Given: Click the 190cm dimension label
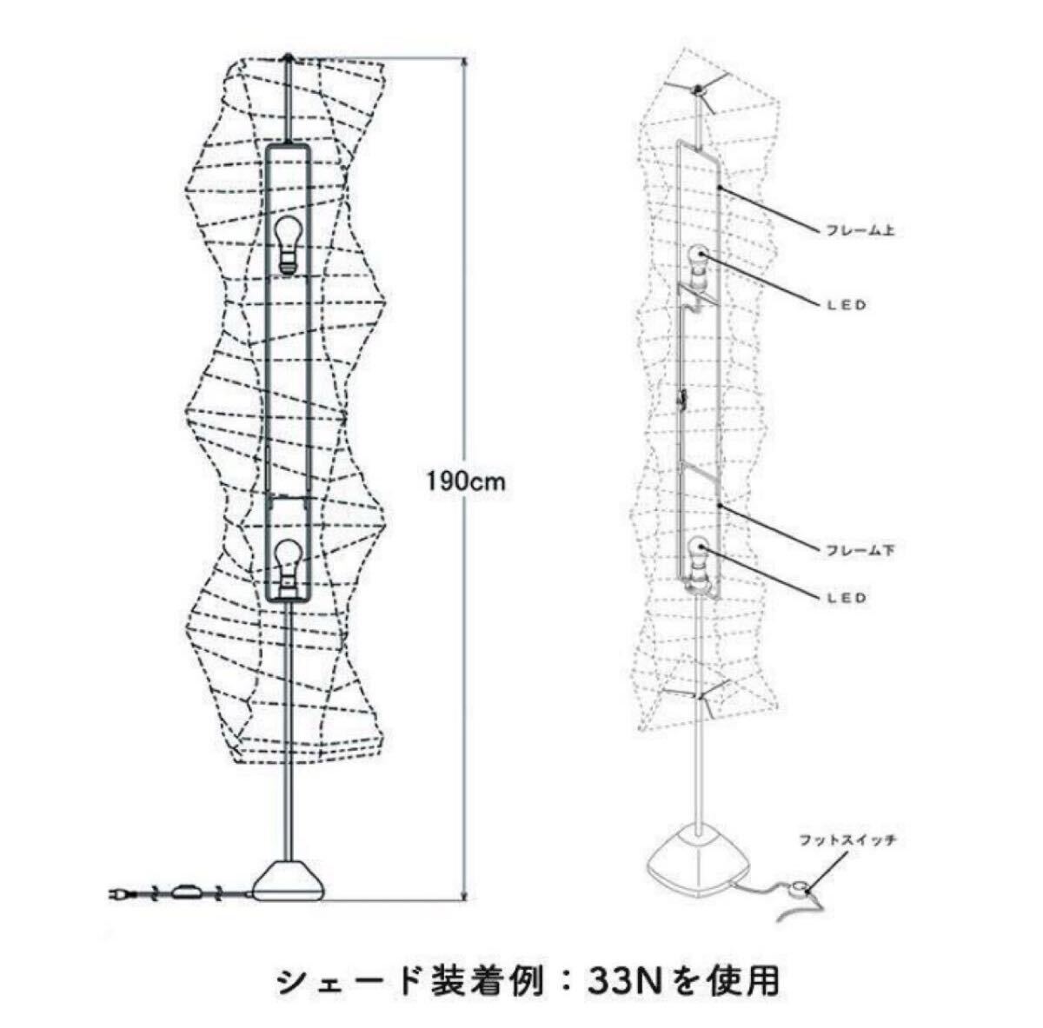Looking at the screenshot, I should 465,481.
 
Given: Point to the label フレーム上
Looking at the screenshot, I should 860,232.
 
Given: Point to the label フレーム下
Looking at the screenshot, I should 860,550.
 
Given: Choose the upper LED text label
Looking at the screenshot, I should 844,305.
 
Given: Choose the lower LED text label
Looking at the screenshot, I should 844,599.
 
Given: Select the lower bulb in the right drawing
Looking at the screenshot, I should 699,549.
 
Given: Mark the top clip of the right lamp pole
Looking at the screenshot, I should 697,90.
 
